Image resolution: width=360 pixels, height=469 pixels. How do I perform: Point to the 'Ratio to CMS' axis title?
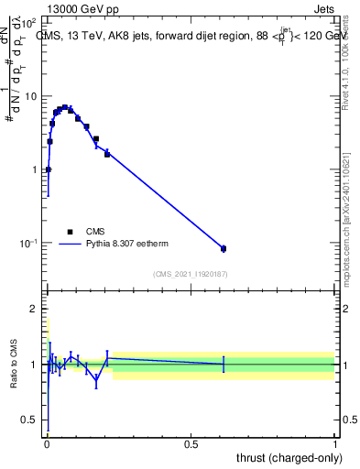[16, 365]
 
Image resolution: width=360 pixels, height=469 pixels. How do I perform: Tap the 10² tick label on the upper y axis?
[29, 21]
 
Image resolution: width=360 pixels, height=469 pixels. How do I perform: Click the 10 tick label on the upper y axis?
[31, 96]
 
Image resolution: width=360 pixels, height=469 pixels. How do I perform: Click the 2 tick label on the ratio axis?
[35, 310]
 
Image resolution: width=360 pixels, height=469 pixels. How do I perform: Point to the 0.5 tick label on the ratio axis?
[31, 420]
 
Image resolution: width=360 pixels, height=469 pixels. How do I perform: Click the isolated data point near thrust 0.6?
[224, 248]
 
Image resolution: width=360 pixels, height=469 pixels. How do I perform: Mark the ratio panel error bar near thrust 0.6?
[224, 365]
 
